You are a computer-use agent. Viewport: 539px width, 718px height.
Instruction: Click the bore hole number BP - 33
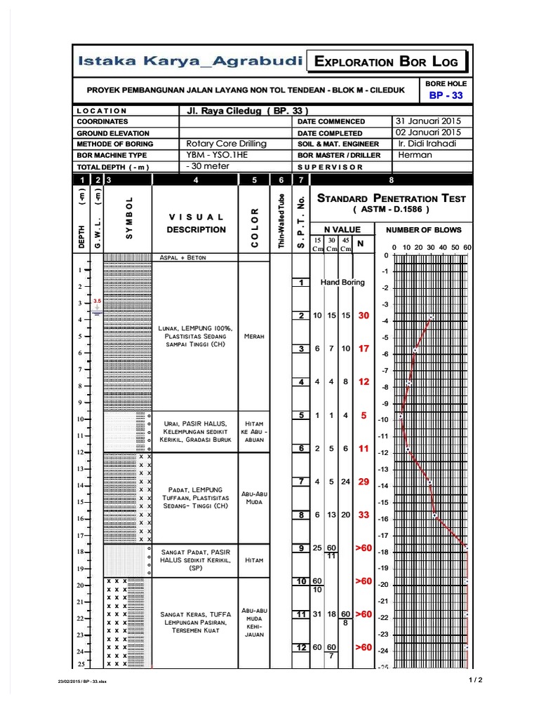(446, 95)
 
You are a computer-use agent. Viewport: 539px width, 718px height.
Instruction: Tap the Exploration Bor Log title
(386, 62)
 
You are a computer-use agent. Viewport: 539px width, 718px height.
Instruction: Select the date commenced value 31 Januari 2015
(427, 121)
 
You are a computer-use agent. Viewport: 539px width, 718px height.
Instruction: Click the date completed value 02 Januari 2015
(427, 132)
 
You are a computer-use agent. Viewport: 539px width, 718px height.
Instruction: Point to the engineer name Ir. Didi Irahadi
(426, 144)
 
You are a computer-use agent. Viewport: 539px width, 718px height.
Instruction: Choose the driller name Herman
(414, 155)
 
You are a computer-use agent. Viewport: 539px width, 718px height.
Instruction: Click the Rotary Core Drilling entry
(226, 144)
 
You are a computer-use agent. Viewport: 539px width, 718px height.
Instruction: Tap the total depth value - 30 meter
(208, 166)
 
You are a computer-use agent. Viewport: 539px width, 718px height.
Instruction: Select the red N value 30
(363, 316)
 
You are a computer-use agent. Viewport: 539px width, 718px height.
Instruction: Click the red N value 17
(363, 348)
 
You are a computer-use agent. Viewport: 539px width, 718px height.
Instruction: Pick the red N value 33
(363, 515)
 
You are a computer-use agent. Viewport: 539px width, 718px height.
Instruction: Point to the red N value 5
(363, 415)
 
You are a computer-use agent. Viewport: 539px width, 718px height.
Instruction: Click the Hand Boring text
(342, 283)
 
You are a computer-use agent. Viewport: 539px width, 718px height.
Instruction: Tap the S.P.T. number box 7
(301, 482)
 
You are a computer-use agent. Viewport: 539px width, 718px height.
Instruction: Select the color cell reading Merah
(253, 337)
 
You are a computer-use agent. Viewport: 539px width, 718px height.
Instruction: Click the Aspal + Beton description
(183, 257)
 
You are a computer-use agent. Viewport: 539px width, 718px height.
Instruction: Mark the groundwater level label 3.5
(98, 300)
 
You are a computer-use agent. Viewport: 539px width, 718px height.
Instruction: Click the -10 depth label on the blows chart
(384, 419)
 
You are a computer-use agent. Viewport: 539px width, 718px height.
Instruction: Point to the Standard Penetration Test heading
(391, 198)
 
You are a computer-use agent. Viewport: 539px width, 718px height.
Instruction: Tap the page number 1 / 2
(476, 679)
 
